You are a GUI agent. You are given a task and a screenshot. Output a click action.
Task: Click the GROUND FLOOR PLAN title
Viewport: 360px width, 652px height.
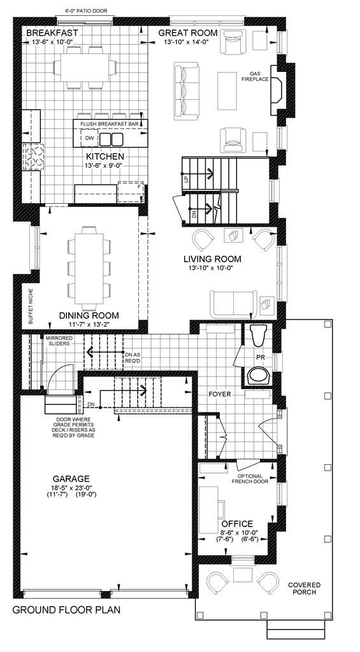click(66, 609)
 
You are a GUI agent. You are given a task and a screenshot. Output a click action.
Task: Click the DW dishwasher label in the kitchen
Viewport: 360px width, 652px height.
click(89, 138)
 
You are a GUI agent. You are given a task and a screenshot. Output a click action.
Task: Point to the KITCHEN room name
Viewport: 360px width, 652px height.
click(105, 156)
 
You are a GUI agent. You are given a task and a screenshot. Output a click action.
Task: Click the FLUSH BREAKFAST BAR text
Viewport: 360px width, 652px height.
click(110, 124)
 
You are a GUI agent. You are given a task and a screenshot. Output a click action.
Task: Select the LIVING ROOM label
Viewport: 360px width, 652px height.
click(212, 259)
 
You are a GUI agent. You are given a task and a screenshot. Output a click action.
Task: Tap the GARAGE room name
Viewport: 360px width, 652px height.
click(71, 479)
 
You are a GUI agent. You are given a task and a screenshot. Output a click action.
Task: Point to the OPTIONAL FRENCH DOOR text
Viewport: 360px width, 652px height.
click(254, 479)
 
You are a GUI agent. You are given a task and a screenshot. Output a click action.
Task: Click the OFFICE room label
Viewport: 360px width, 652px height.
click(237, 523)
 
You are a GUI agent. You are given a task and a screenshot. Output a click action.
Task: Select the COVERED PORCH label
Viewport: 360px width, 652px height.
click(305, 589)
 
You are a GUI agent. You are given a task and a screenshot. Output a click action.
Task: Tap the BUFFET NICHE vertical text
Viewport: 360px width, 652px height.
click(30, 305)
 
